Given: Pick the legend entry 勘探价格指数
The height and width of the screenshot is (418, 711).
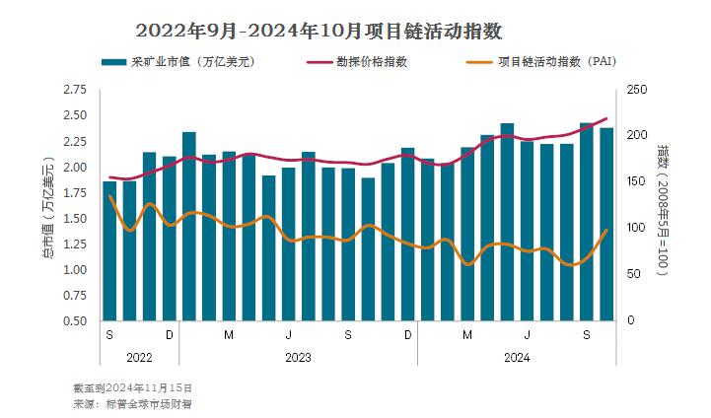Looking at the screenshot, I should [x=372, y=62].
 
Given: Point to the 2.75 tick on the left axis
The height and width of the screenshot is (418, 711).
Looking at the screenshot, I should [x=74, y=90].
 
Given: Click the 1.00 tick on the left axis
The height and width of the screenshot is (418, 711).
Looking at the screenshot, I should [x=74, y=269].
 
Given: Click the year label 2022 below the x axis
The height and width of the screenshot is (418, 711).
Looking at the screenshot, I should [x=139, y=357].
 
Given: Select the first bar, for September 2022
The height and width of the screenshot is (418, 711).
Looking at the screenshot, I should [x=109, y=251].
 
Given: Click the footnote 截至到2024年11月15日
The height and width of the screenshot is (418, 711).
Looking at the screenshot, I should [x=132, y=388].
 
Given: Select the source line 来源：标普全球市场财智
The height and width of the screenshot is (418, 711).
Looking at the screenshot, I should [x=132, y=404].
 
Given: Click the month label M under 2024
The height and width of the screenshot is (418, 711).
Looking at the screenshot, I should [x=467, y=335].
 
